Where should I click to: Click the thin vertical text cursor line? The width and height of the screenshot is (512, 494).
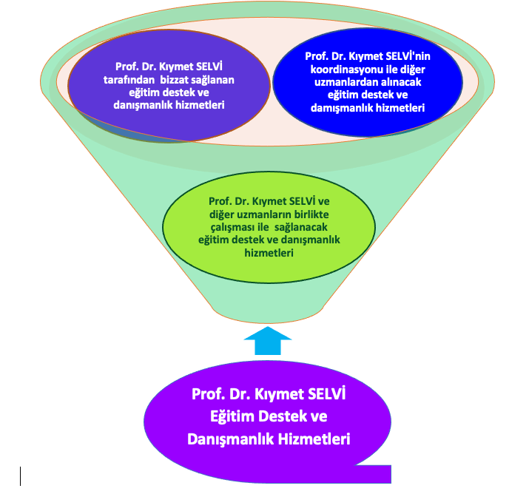21,475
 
